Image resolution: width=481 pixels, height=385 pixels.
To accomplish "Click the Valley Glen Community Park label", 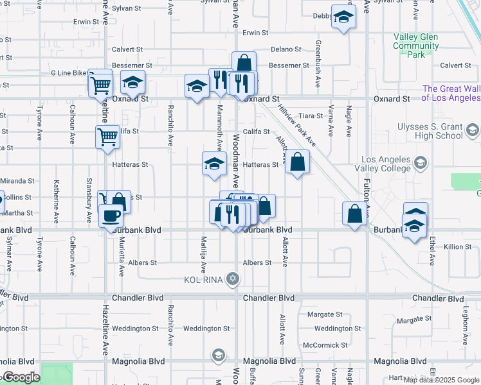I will coord(415,46).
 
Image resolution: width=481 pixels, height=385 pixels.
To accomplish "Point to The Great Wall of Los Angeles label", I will coord(451,94).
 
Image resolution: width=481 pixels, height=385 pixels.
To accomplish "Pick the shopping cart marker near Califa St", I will coord(107,136).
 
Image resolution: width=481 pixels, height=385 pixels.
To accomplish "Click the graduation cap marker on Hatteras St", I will coord(214,163).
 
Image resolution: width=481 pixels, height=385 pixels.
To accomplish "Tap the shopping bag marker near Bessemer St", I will coord(244,63).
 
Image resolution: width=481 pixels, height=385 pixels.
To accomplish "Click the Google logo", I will coord(21,377).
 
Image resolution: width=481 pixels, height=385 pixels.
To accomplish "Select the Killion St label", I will coord(457,246).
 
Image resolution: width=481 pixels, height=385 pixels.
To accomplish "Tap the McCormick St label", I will coord(325,345).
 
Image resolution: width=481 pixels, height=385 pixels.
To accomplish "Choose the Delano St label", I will coord(286,49).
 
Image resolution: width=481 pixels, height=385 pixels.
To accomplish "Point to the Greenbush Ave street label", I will coord(318,64).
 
